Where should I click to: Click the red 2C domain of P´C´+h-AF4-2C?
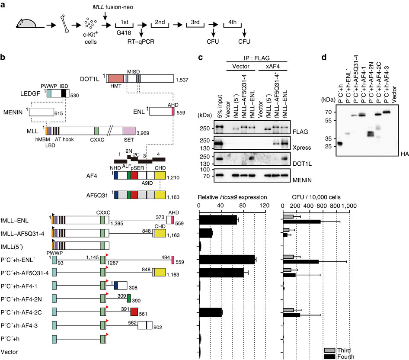coord(134,312)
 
